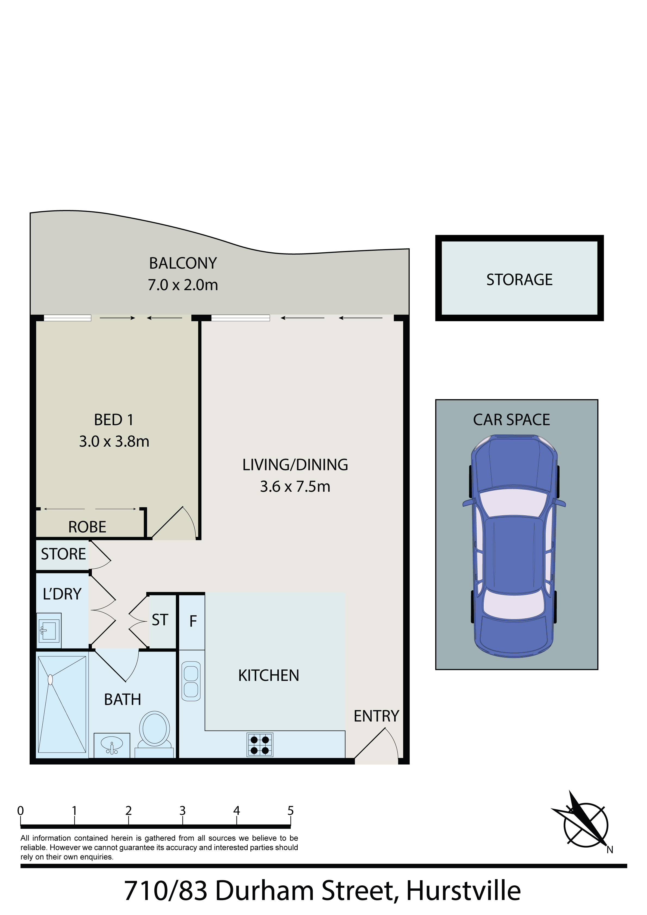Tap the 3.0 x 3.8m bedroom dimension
(x=114, y=441)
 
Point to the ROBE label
(x=87, y=527)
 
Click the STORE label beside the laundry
(x=63, y=554)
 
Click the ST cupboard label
(x=160, y=620)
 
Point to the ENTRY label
(x=377, y=716)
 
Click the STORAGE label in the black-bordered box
(x=519, y=280)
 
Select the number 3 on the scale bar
(x=182, y=811)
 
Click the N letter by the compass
(x=610, y=850)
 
